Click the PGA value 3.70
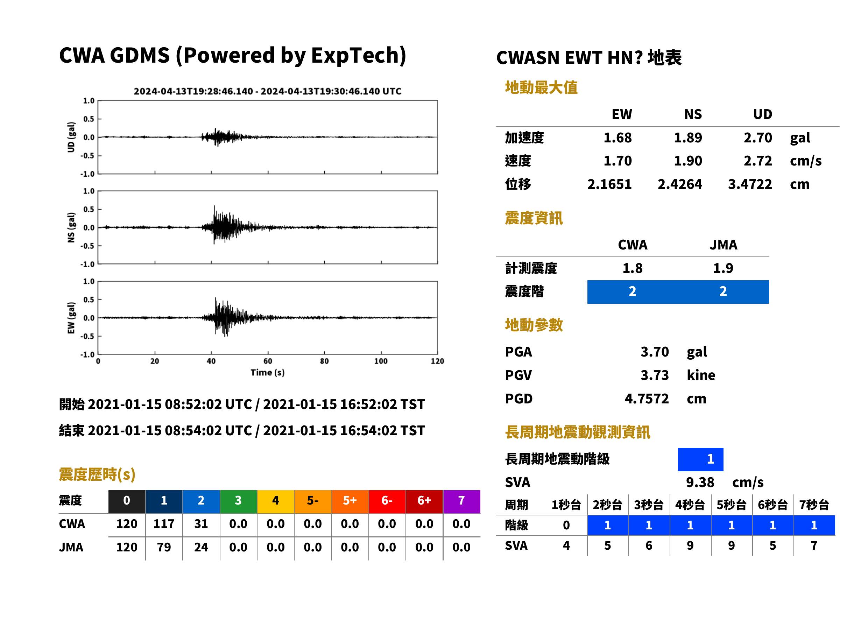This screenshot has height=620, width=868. (x=654, y=352)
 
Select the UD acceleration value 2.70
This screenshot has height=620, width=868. (x=757, y=138)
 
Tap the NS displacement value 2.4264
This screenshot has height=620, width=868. (x=679, y=184)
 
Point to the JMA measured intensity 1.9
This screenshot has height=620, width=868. (x=722, y=268)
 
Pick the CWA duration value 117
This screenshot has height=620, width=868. (x=164, y=524)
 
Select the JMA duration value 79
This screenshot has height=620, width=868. (x=164, y=547)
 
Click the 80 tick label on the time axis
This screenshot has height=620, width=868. (x=324, y=361)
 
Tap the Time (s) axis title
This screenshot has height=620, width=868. (x=267, y=373)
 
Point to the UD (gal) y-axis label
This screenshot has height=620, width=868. (x=71, y=137)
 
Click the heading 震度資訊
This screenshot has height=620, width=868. (x=533, y=218)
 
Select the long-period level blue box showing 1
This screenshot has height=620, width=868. (x=700, y=459)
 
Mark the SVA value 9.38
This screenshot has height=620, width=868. (x=700, y=482)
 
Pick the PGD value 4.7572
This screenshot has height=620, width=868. (x=647, y=399)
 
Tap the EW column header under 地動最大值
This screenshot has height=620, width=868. (x=621, y=114)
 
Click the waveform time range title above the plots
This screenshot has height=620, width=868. (x=267, y=91)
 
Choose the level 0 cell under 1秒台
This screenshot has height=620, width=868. (x=566, y=525)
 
